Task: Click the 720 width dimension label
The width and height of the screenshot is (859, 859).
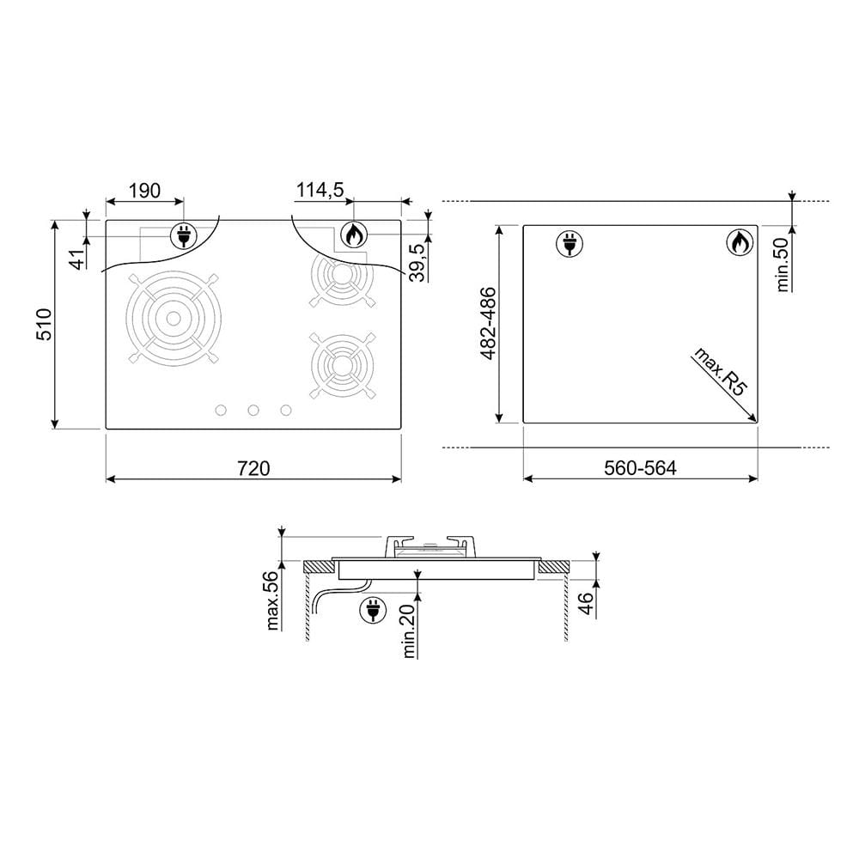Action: (x=253, y=468)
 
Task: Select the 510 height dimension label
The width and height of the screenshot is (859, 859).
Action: (x=44, y=325)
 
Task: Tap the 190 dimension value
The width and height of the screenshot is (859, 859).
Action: (x=144, y=191)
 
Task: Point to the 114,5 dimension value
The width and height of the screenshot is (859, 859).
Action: (x=320, y=190)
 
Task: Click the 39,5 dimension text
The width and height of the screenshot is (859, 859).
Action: (x=418, y=262)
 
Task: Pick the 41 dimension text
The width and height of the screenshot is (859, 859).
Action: (x=80, y=259)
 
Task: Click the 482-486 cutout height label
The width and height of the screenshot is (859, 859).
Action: (x=488, y=323)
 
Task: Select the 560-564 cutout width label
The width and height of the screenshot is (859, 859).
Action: (x=640, y=468)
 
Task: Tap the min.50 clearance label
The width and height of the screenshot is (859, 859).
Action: (x=783, y=265)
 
